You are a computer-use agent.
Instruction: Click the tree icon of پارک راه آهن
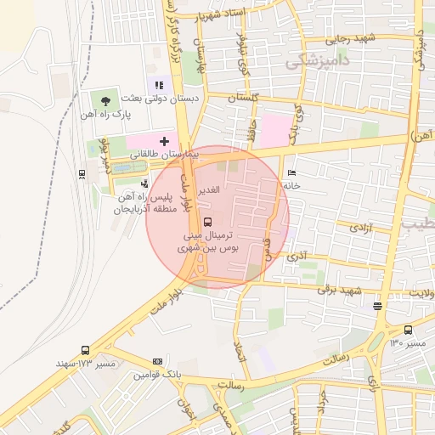click(105, 100)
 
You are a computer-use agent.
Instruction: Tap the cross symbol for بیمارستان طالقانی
click(164, 140)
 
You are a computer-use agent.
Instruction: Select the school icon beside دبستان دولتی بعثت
click(158, 84)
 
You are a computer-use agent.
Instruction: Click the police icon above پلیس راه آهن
click(145, 183)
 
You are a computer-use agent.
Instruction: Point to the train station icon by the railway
click(82, 174)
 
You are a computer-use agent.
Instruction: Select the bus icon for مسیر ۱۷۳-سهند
click(85, 350)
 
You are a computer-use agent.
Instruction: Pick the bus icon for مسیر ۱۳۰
click(408, 330)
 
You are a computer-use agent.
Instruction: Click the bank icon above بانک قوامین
click(156, 361)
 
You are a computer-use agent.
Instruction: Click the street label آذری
click(297, 255)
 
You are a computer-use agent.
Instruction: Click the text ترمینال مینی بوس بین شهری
click(207, 240)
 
